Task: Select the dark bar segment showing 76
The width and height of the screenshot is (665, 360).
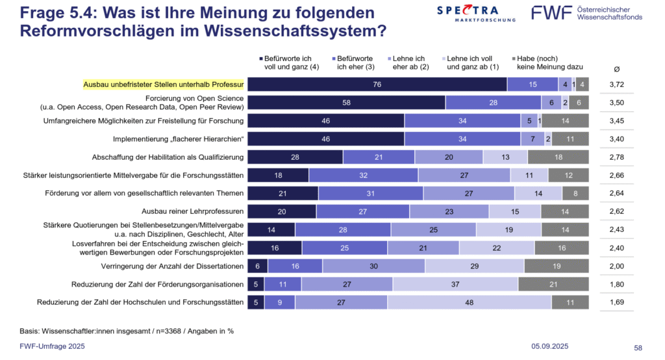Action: point(377,84)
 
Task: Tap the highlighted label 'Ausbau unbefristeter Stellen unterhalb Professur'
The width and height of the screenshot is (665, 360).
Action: point(163,84)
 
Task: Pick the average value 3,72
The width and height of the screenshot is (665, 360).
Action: point(616,84)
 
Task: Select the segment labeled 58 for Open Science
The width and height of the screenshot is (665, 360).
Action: point(346,103)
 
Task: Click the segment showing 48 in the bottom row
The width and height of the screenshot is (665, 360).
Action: point(470,302)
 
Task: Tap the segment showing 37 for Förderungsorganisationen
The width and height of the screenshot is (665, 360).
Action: point(455,284)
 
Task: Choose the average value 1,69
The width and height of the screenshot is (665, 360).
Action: point(616,302)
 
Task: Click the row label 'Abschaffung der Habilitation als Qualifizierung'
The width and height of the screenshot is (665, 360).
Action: point(168,157)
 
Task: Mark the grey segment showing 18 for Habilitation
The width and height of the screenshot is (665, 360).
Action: point(558,157)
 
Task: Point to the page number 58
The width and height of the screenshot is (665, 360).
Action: point(638,348)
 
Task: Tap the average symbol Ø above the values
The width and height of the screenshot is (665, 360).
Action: point(616,68)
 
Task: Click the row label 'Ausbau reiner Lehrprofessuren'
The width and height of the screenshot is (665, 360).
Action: point(192,211)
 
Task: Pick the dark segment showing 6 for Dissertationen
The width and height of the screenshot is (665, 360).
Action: point(257,266)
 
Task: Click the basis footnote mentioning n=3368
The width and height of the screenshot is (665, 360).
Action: point(127,331)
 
